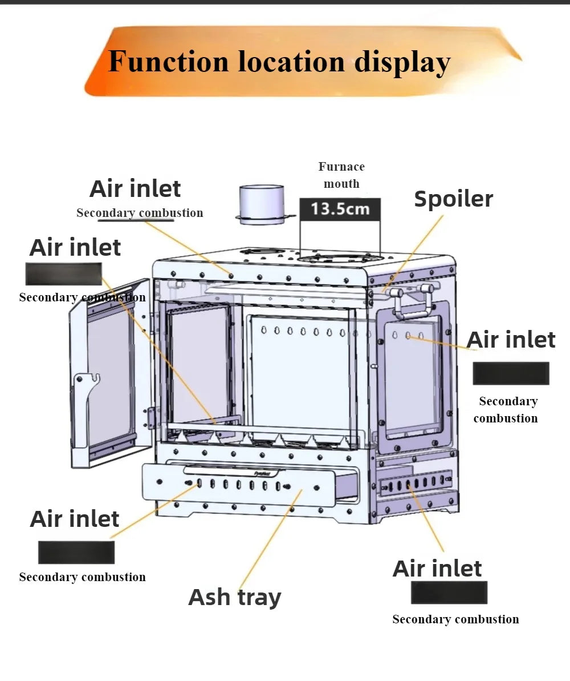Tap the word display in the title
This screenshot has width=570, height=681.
coord(402,62)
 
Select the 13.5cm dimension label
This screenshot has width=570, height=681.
coord(340,208)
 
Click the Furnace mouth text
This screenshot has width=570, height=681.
coord(341,175)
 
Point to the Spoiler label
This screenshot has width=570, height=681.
coord(453,199)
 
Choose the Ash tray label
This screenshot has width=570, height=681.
coord(234,597)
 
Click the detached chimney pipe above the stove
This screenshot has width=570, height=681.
coord(261,204)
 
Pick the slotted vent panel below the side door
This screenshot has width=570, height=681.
coord(415,484)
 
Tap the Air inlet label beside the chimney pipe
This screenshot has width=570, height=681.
coord(135,188)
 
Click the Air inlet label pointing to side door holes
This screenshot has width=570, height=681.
coord(511,340)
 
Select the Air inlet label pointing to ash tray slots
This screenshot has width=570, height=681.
coord(75,519)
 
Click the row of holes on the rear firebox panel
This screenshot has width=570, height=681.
coord(302,332)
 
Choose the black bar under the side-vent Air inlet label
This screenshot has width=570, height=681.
coord(449,593)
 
